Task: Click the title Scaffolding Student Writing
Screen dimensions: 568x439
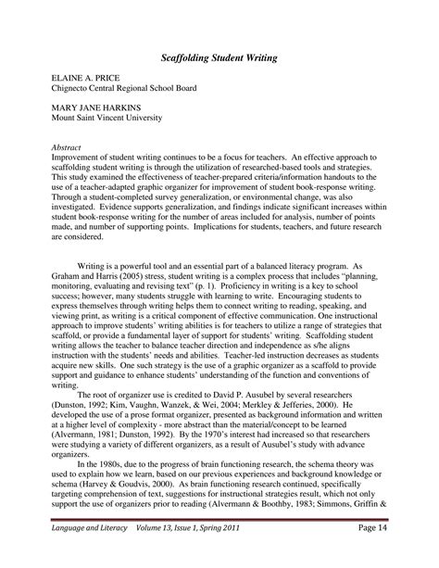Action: coord(219,58)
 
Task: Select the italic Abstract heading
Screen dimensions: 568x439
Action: coord(67,147)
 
